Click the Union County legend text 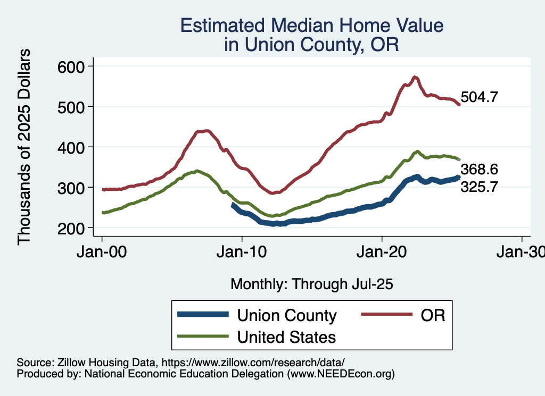click(x=287, y=316)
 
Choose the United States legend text click(x=286, y=336)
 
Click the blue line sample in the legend click(x=205, y=315)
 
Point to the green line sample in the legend click(x=205, y=336)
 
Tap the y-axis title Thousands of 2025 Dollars click(x=24, y=147)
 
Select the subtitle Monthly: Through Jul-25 click(x=311, y=284)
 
